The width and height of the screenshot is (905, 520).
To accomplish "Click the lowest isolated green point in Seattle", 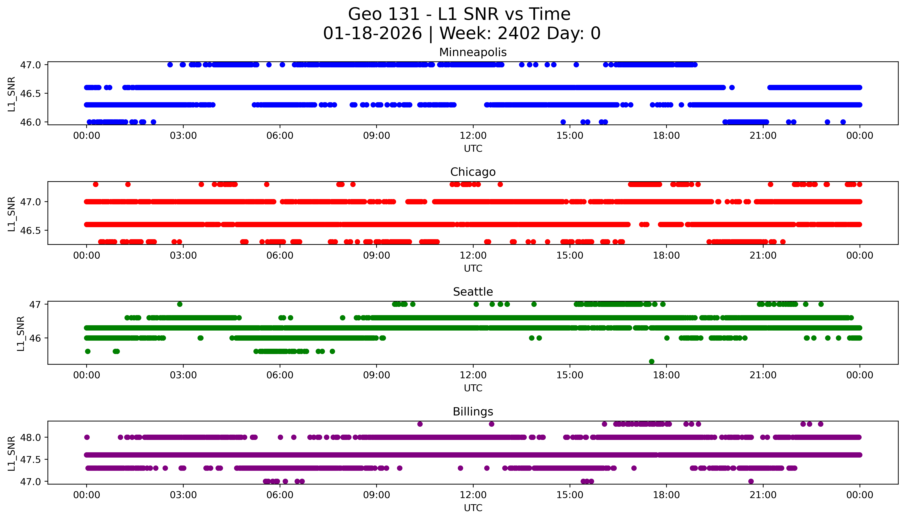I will [x=651, y=361].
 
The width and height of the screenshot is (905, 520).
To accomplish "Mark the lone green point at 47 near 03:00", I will [x=180, y=304].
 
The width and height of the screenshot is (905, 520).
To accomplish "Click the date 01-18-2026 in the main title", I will [x=372, y=34].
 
